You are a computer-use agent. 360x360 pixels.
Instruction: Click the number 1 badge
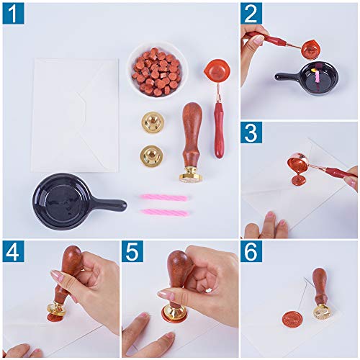coord(13,13)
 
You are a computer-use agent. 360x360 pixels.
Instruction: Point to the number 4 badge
coord(13,252)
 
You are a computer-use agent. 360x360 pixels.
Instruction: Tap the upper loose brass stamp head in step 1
coord(153,120)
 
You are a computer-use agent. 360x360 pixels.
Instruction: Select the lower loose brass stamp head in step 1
coord(153,155)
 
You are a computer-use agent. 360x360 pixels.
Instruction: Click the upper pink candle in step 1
coord(163,197)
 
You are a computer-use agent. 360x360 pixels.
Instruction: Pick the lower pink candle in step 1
coord(163,212)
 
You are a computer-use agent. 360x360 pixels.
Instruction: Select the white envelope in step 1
coord(76,115)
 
